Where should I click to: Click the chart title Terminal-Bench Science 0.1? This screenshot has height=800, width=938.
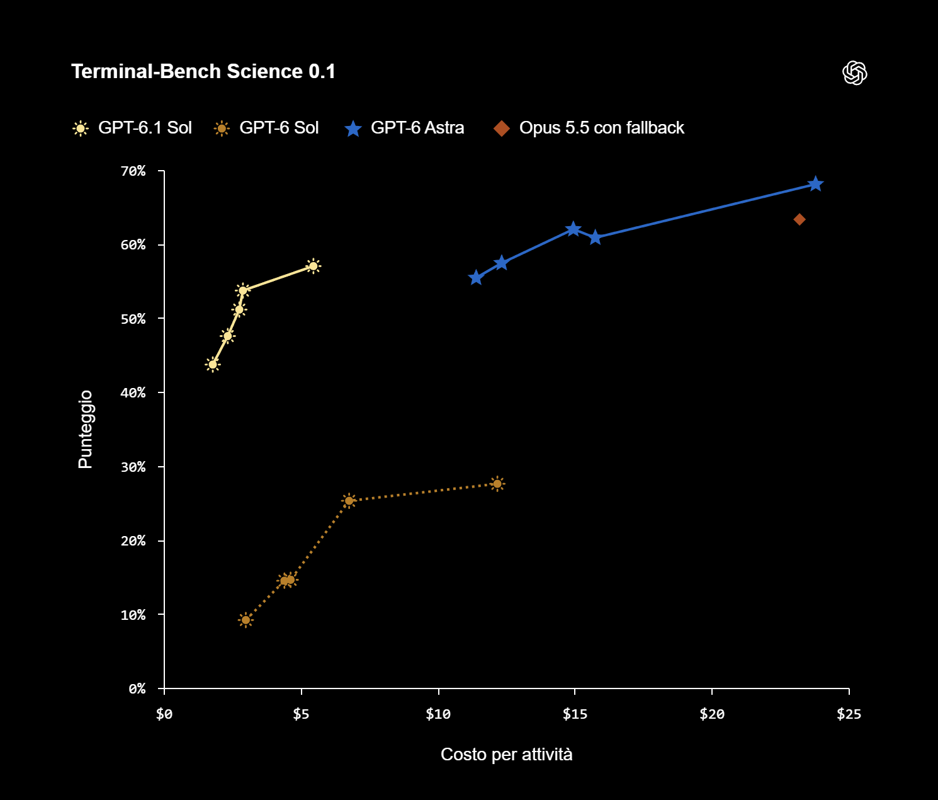point(203,72)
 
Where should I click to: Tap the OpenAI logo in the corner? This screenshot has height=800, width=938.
point(854,73)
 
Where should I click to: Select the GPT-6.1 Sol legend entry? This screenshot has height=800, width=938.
point(132,128)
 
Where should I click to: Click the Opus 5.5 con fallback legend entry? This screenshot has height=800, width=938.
point(589,128)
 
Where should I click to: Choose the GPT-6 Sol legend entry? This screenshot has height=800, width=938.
point(266,128)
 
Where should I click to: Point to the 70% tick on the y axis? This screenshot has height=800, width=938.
point(133,171)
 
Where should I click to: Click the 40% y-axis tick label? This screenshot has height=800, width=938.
point(133,392)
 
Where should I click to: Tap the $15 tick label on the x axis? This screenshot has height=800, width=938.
point(575,714)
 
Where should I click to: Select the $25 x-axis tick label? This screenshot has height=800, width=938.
point(849,714)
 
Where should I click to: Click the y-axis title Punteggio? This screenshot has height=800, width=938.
point(86,429)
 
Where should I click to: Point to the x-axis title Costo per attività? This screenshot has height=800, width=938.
point(506,755)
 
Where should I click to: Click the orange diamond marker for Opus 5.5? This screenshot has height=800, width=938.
point(800,220)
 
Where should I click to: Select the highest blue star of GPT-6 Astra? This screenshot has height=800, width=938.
point(815,184)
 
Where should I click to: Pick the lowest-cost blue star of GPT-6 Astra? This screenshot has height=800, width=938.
point(475,277)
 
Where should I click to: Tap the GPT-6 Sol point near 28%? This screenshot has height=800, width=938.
point(497,484)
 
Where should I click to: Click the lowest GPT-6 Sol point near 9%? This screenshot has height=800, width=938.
point(246,620)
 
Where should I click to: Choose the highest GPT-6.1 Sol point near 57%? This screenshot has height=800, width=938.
point(313,266)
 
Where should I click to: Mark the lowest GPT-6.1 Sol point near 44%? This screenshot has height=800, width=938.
point(213,365)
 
